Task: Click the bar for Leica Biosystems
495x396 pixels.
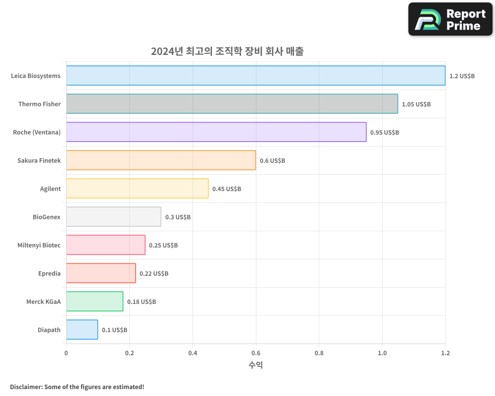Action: click(255, 76)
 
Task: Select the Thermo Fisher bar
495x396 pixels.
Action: click(232, 104)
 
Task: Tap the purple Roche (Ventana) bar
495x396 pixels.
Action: click(216, 132)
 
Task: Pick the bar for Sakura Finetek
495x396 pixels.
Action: click(161, 160)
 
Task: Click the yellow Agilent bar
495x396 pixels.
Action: click(137, 189)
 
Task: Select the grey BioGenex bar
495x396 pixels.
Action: click(113, 217)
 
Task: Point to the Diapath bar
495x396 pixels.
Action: click(82, 330)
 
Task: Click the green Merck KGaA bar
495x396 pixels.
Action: click(95, 301)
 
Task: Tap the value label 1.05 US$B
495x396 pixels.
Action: click(416, 104)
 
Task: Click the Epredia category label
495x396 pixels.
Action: click(49, 273)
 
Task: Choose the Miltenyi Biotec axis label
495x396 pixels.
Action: click(39, 245)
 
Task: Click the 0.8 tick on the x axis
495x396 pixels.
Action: click(319, 353)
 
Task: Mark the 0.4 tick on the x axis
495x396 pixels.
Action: click(193, 353)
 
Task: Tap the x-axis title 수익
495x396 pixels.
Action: click(255, 365)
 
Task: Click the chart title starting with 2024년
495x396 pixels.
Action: click(227, 51)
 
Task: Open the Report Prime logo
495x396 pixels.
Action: click(450, 19)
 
